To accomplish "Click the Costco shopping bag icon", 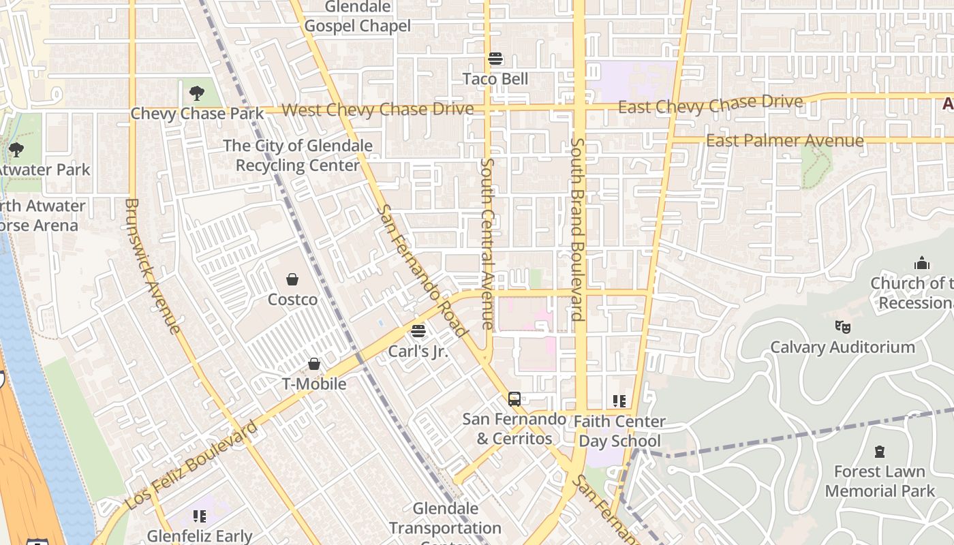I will [x=292, y=279].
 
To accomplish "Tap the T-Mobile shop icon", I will [x=314, y=364].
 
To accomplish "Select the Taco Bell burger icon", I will [x=495, y=59].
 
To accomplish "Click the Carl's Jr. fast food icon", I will [x=418, y=331].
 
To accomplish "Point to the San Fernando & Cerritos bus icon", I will [x=514, y=399].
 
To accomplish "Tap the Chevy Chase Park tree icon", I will [x=196, y=93].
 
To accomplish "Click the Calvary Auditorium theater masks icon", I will [x=843, y=327].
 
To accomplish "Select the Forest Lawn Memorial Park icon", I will [x=880, y=451].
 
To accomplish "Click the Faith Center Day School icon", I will [x=619, y=401].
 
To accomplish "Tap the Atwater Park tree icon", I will [x=16, y=149].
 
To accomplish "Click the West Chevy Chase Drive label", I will [x=378, y=109].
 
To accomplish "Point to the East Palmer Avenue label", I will [x=785, y=141].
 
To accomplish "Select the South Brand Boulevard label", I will [x=577, y=229].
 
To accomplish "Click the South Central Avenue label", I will [x=488, y=244].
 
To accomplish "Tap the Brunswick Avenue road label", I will [x=153, y=266].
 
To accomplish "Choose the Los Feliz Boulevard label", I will [x=191, y=466].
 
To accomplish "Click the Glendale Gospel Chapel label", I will [x=358, y=16].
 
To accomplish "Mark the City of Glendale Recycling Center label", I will [x=298, y=155].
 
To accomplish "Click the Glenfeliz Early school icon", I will [x=199, y=516].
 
